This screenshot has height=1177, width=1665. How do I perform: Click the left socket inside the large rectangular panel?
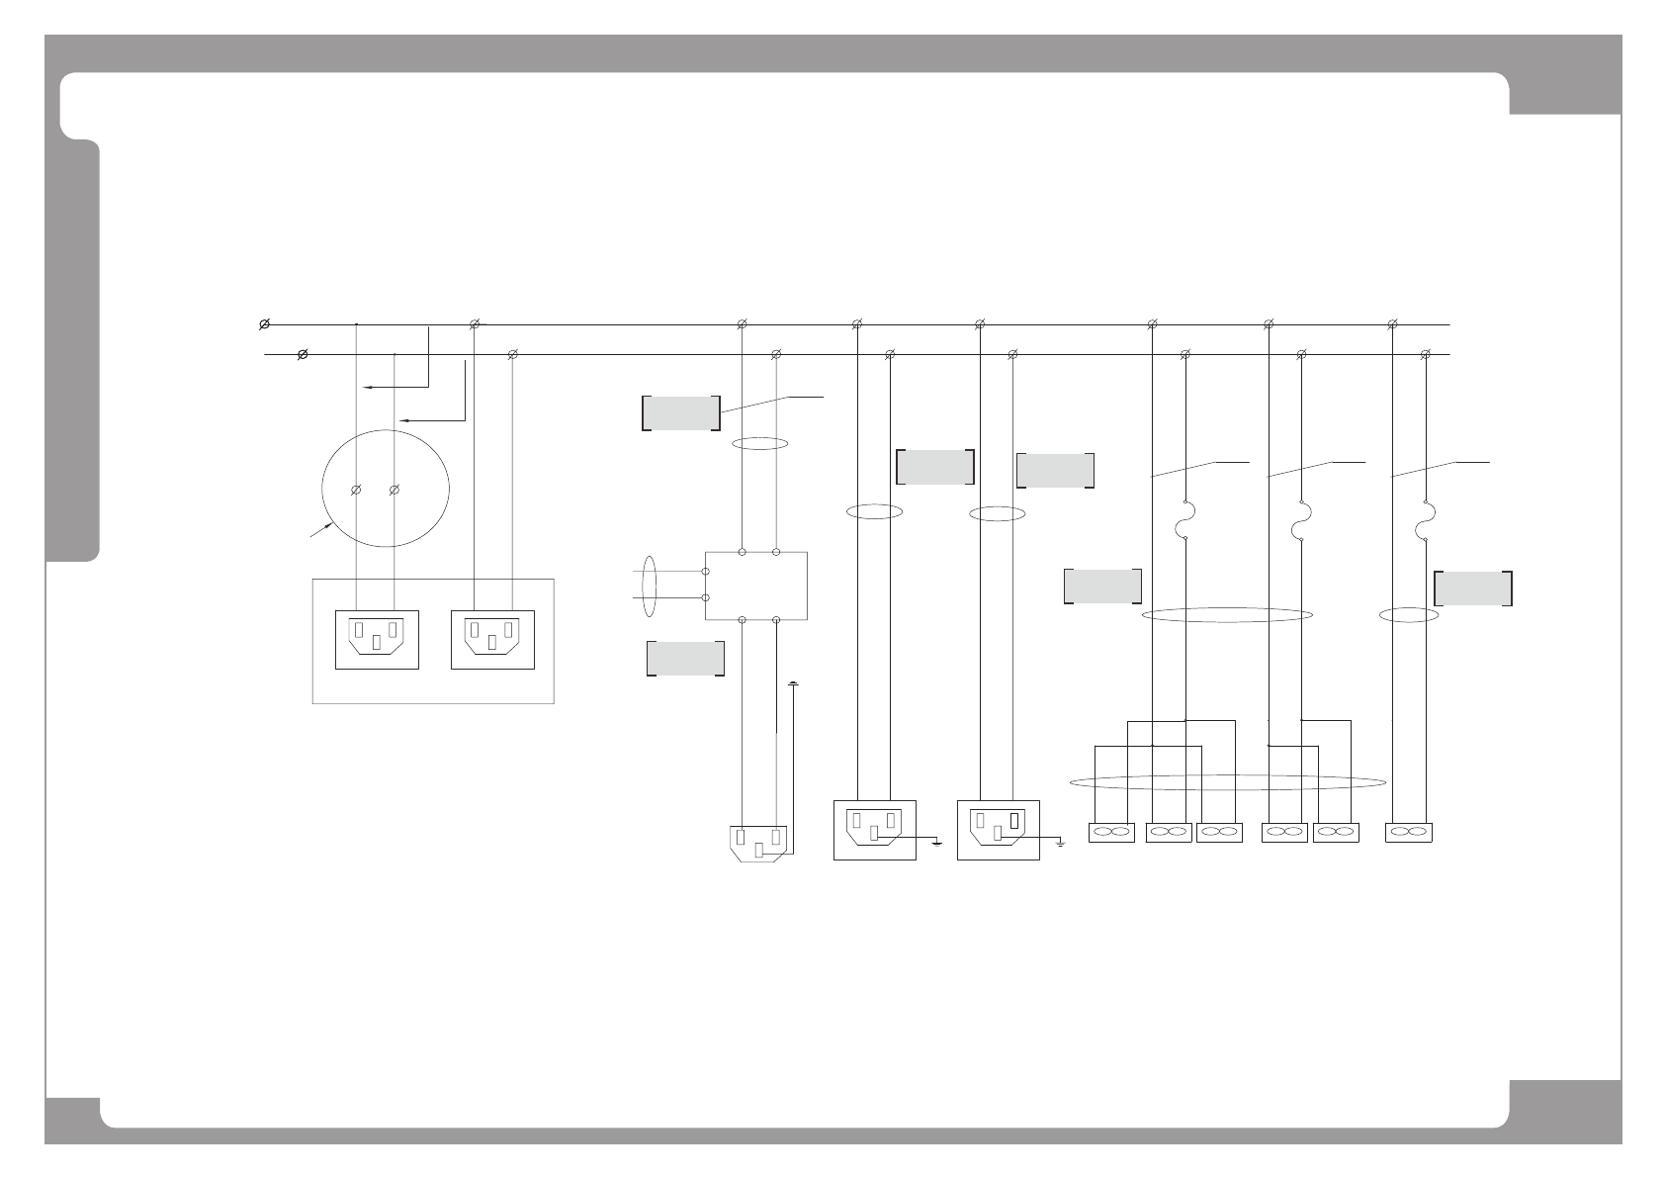pyautogui.click(x=377, y=640)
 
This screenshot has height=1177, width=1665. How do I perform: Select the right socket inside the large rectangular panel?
pyautogui.click(x=491, y=640)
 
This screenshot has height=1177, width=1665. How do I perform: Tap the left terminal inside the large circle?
pyautogui.click(x=356, y=490)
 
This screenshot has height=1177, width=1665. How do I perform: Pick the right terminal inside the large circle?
pyautogui.click(x=394, y=490)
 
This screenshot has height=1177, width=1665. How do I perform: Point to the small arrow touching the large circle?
pyautogui.click(x=319, y=531)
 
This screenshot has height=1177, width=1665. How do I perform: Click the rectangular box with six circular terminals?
pyautogui.click(x=756, y=586)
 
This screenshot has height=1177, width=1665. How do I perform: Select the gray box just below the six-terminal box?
pyautogui.click(x=686, y=659)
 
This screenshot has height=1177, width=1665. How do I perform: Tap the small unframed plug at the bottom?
pyautogui.click(x=758, y=843)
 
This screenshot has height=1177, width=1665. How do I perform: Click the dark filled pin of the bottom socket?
pyautogui.click(x=1013, y=820)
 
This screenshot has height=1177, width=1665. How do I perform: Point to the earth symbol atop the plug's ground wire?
pyautogui.click(x=794, y=683)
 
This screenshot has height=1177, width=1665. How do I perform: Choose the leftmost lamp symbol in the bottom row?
pyautogui.click(x=1111, y=833)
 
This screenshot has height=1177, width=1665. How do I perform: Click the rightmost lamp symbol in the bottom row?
pyautogui.click(x=1410, y=833)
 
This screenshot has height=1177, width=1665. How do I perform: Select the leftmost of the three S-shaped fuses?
pyautogui.click(x=1185, y=521)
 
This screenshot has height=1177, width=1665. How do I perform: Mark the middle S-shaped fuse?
pyautogui.click(x=1301, y=521)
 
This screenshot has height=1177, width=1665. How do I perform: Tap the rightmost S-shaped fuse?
pyautogui.click(x=1425, y=521)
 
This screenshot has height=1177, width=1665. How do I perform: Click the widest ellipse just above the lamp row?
pyautogui.click(x=1228, y=782)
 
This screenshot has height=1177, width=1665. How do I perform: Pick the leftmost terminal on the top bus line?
pyautogui.click(x=265, y=324)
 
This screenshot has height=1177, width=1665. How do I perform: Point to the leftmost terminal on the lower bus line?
pyautogui.click(x=303, y=354)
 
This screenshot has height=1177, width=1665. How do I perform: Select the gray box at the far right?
pyautogui.click(x=1473, y=588)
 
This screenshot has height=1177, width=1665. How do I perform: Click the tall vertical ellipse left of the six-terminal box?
pyautogui.click(x=649, y=586)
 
